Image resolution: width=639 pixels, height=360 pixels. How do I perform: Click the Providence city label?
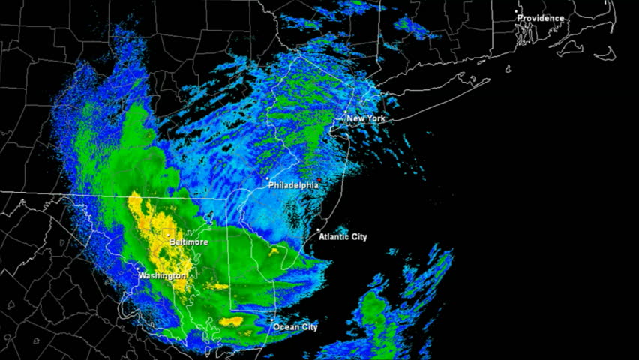pos(540,18)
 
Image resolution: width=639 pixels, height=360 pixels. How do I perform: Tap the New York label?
pos(366,118)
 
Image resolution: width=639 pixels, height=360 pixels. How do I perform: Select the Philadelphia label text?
pos(293,185)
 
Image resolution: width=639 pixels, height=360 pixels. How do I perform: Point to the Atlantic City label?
pos(343,237)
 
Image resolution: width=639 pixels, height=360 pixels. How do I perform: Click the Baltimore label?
pos(188,242)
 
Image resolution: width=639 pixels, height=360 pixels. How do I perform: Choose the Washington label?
pos(162,276)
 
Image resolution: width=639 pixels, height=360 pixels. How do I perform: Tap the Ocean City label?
pos(295,327)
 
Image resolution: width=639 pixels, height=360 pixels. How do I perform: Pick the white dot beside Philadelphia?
pos(268,178)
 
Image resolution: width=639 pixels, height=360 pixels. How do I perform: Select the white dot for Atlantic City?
pos(318,230)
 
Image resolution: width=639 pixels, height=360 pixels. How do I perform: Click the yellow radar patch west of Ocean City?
pos(231,322)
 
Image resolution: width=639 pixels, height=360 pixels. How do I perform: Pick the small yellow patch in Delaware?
pos(274,251)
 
